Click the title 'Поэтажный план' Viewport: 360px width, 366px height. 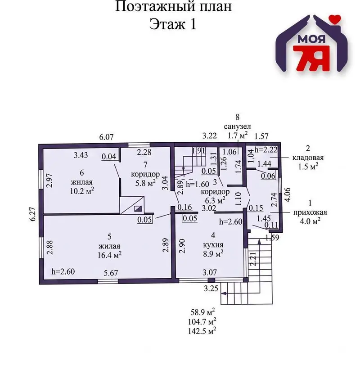pos(173,7)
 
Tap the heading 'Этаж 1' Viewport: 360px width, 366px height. pos(173,24)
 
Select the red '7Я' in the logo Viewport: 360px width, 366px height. pos(311,59)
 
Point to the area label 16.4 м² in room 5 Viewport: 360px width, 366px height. pos(109,255)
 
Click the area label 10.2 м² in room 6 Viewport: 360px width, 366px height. pos(82,191)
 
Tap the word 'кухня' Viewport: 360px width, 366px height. pos(213,245)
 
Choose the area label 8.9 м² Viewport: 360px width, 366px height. pos(213,253)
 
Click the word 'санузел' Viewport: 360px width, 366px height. pos(237,127)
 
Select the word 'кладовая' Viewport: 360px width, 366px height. pos(308,158)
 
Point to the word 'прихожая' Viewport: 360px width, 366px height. pos(310,212)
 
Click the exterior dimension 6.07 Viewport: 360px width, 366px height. pos(106,137)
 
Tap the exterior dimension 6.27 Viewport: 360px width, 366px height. pos(33,214)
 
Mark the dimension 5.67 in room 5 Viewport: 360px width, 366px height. pos(111,273)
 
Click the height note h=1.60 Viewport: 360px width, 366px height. pos(198,184)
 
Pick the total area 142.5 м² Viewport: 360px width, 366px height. pos(202,331)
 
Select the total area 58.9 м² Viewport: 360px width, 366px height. pos(203,312)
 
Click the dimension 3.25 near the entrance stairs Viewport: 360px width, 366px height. pos(211,289)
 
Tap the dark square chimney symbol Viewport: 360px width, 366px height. pos(138,208)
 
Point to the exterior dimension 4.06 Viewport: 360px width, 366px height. pos(288,194)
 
